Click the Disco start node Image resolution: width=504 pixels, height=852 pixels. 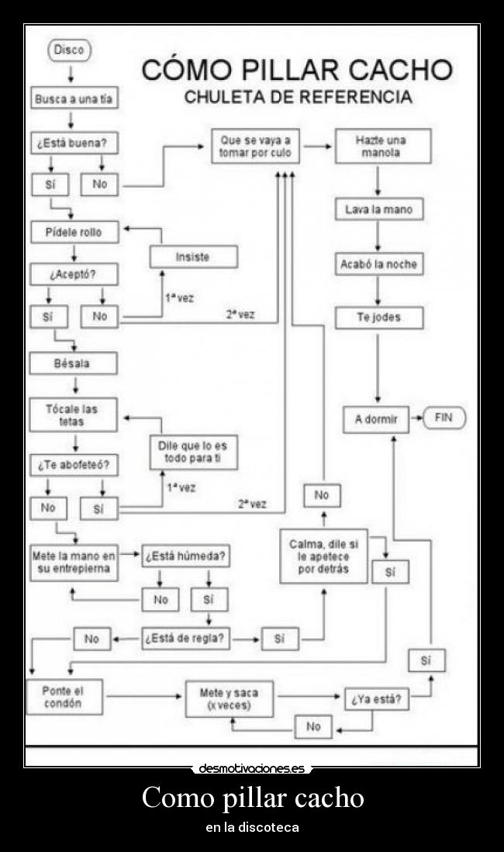(70, 50)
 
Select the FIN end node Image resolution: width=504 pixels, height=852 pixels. (444, 418)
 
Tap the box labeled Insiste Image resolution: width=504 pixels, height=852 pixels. (193, 257)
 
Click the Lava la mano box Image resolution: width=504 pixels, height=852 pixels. (379, 210)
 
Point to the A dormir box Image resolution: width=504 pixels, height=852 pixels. (376, 419)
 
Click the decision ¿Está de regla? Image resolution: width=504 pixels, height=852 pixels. (185, 639)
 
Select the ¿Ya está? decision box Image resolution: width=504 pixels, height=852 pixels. (376, 698)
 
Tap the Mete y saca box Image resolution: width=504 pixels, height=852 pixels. (229, 698)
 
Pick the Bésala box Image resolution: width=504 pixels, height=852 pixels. (73, 363)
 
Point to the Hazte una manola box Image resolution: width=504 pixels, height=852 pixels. (382, 147)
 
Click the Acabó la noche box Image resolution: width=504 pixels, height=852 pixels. (378, 265)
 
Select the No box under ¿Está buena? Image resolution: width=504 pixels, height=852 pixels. (100, 185)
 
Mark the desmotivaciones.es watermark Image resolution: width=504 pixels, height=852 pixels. (252, 769)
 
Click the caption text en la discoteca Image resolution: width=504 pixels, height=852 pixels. (252, 828)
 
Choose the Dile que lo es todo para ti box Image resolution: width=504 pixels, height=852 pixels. (193, 452)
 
